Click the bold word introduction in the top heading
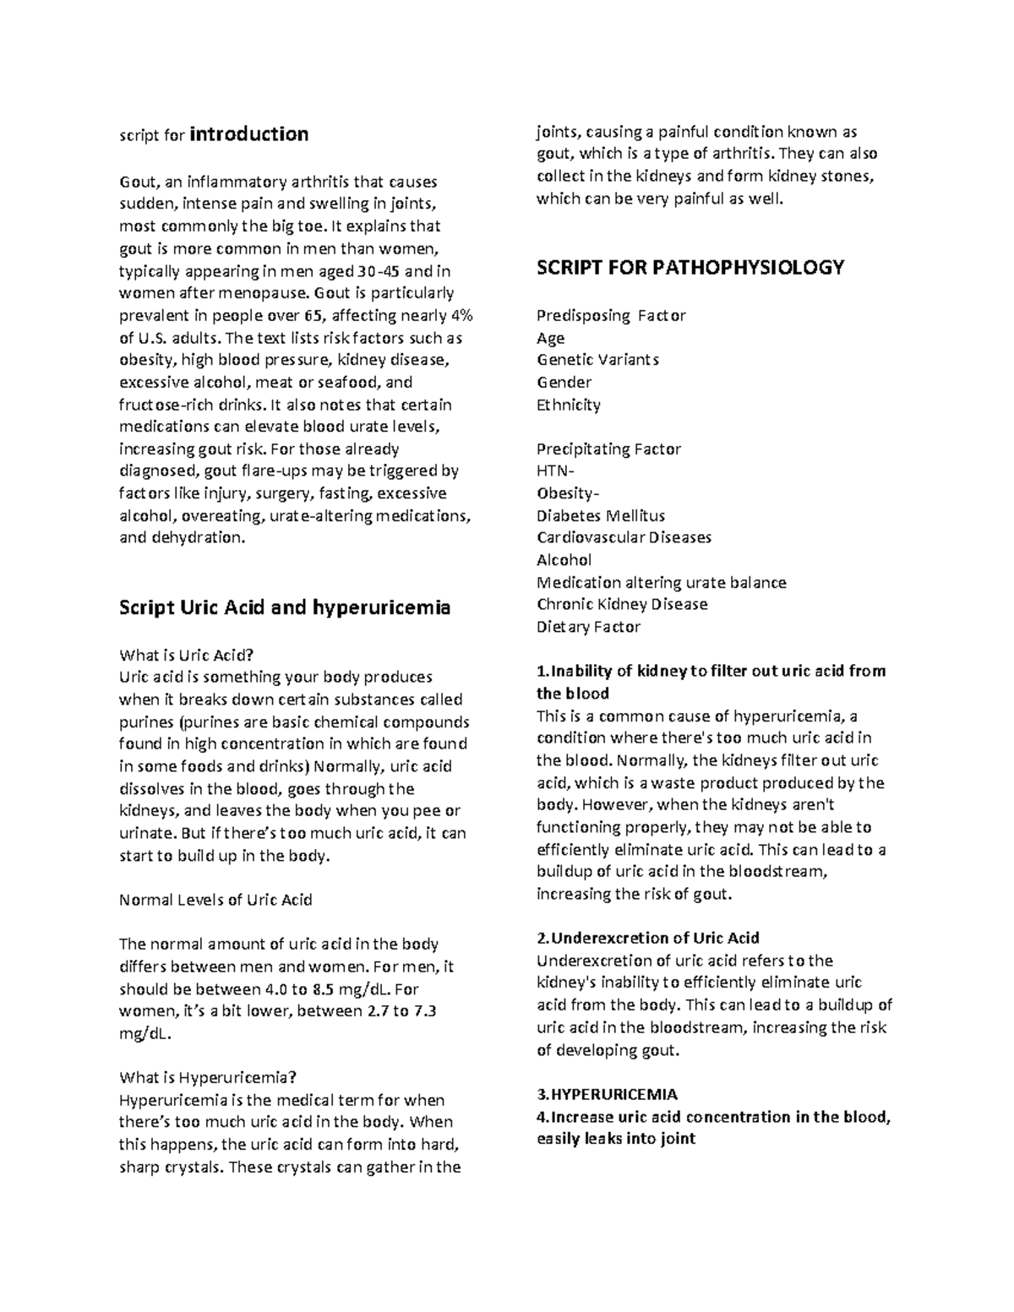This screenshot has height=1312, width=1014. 249,134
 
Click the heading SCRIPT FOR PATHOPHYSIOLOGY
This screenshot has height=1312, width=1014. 690,268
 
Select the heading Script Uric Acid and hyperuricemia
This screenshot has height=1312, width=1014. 285,607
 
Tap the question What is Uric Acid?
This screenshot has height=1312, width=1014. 187,655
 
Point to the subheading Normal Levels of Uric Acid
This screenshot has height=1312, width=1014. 216,900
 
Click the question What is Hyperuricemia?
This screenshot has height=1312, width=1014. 208,1077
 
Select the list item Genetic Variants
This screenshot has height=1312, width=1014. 598,360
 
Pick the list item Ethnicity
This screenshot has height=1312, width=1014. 569,405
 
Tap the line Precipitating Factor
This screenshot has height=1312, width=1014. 608,449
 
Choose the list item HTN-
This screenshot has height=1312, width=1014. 555,471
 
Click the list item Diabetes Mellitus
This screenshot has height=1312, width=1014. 601,515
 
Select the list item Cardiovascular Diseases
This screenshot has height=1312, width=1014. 624,537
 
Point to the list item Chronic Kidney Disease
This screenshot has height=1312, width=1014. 622,604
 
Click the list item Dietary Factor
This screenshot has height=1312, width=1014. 588,627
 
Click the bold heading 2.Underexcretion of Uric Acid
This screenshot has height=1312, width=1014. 648,938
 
